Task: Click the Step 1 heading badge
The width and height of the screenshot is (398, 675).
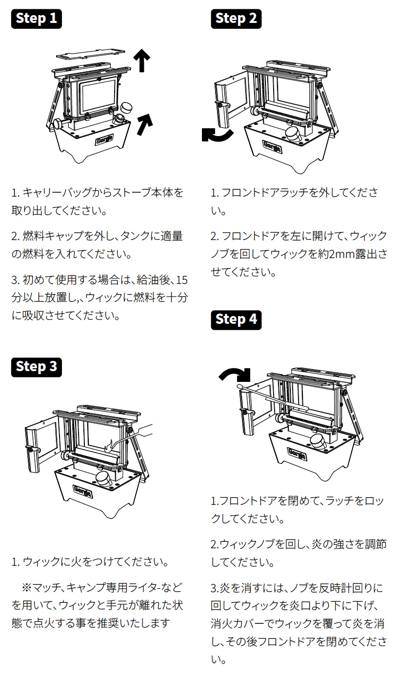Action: (37, 19)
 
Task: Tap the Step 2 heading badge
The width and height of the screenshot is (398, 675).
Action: (236, 19)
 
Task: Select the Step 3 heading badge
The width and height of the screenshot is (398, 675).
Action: (37, 366)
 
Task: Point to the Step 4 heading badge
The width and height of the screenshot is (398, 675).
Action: (236, 319)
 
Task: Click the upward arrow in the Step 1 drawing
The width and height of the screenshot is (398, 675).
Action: (142, 60)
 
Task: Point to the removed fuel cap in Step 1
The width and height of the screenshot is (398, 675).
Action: (127, 107)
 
